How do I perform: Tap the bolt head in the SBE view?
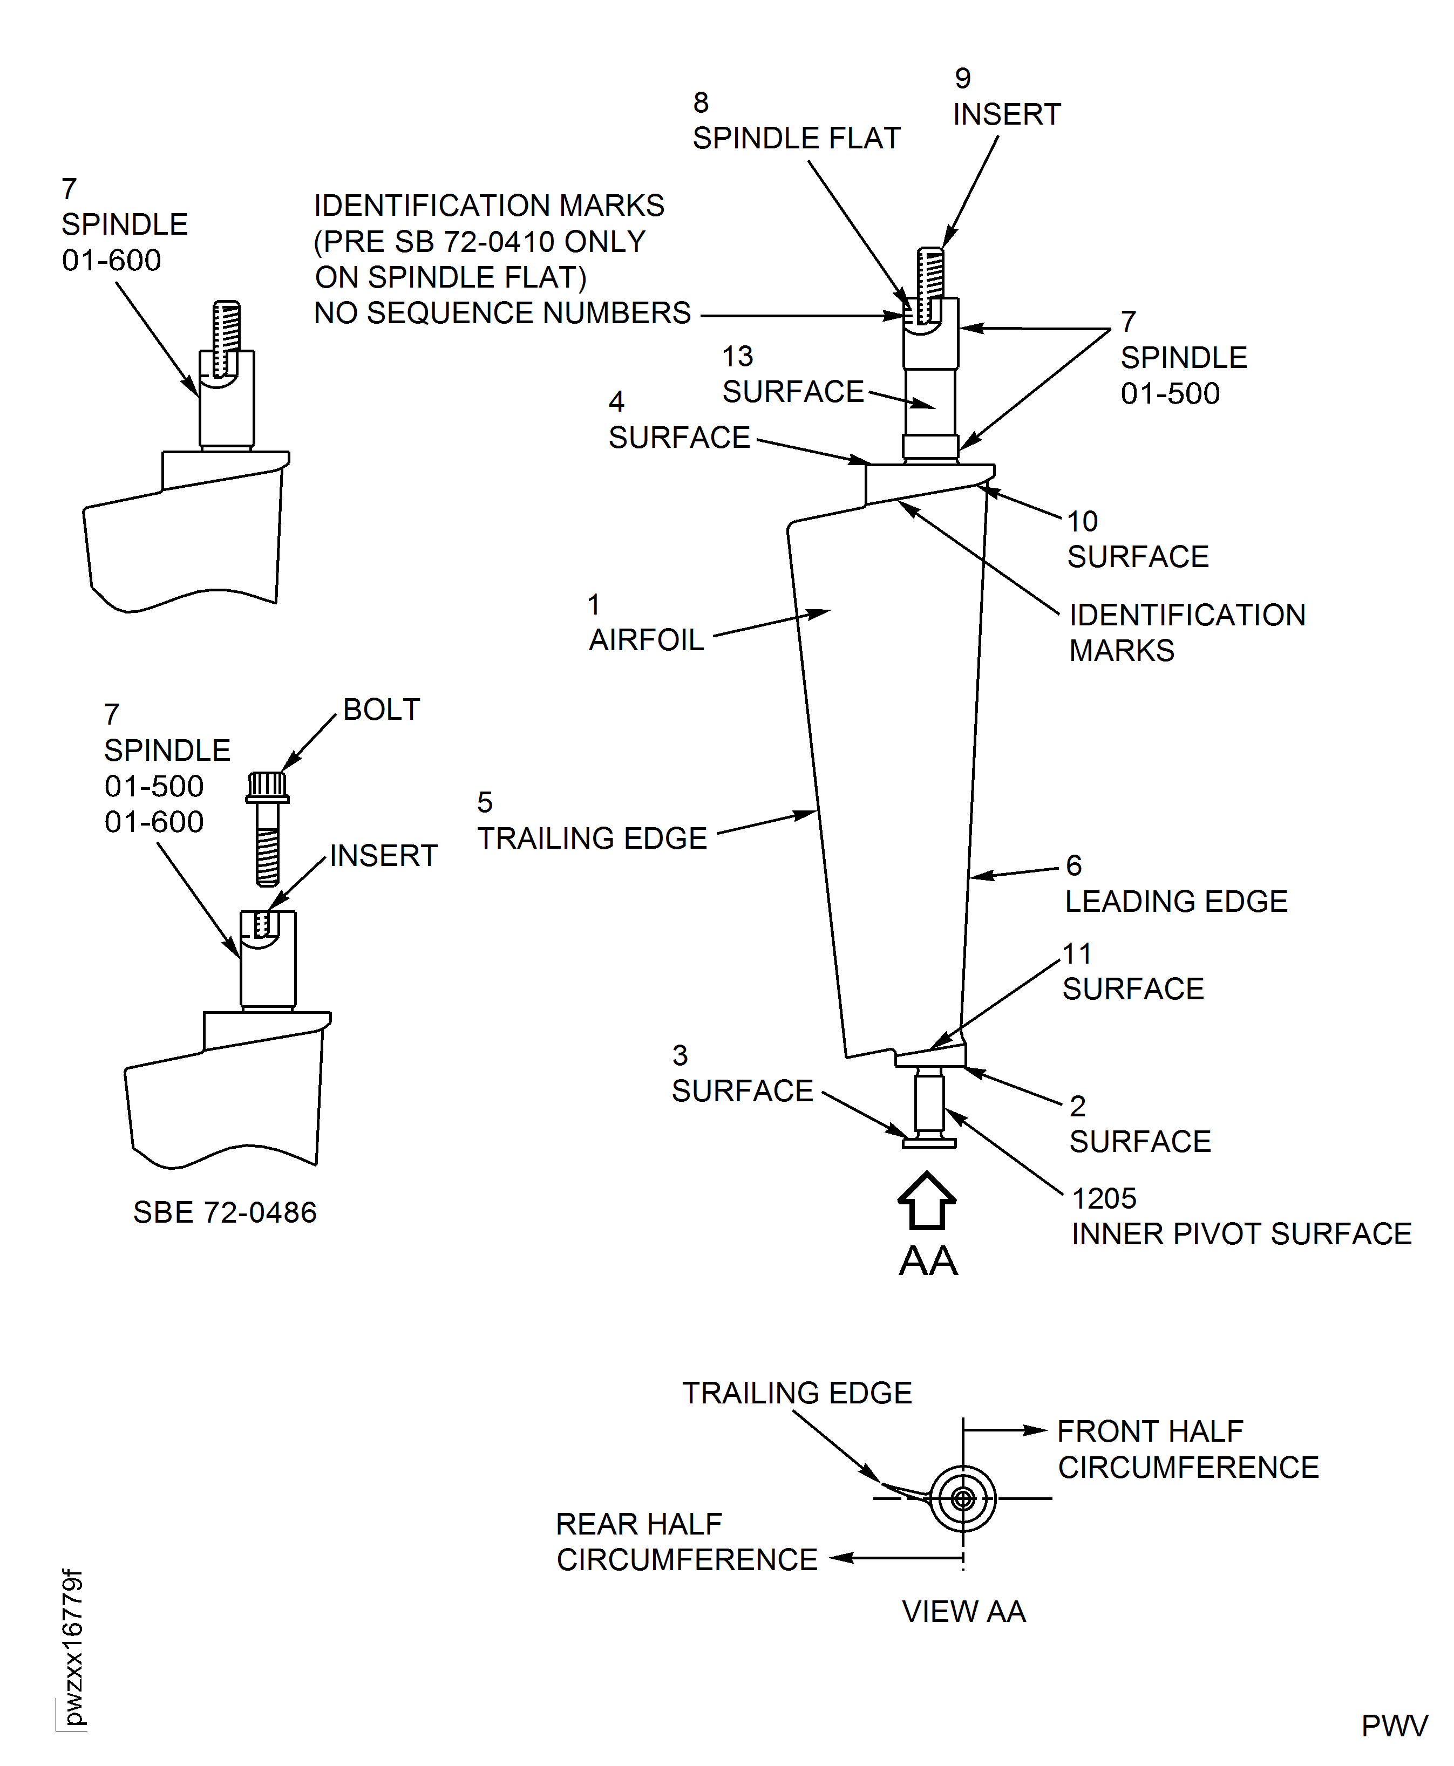pyautogui.click(x=267, y=786)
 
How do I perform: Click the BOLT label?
pyautogui.click(x=381, y=709)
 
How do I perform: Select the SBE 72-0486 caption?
pyautogui.click(x=225, y=1212)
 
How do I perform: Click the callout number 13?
pyautogui.click(x=737, y=356)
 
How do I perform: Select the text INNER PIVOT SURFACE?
pyautogui.click(x=1241, y=1233)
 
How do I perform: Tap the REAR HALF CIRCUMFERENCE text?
pyautogui.click(x=686, y=1542)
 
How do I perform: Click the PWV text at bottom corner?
pyautogui.click(x=1394, y=1726)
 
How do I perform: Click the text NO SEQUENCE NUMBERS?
pyautogui.click(x=502, y=313)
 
